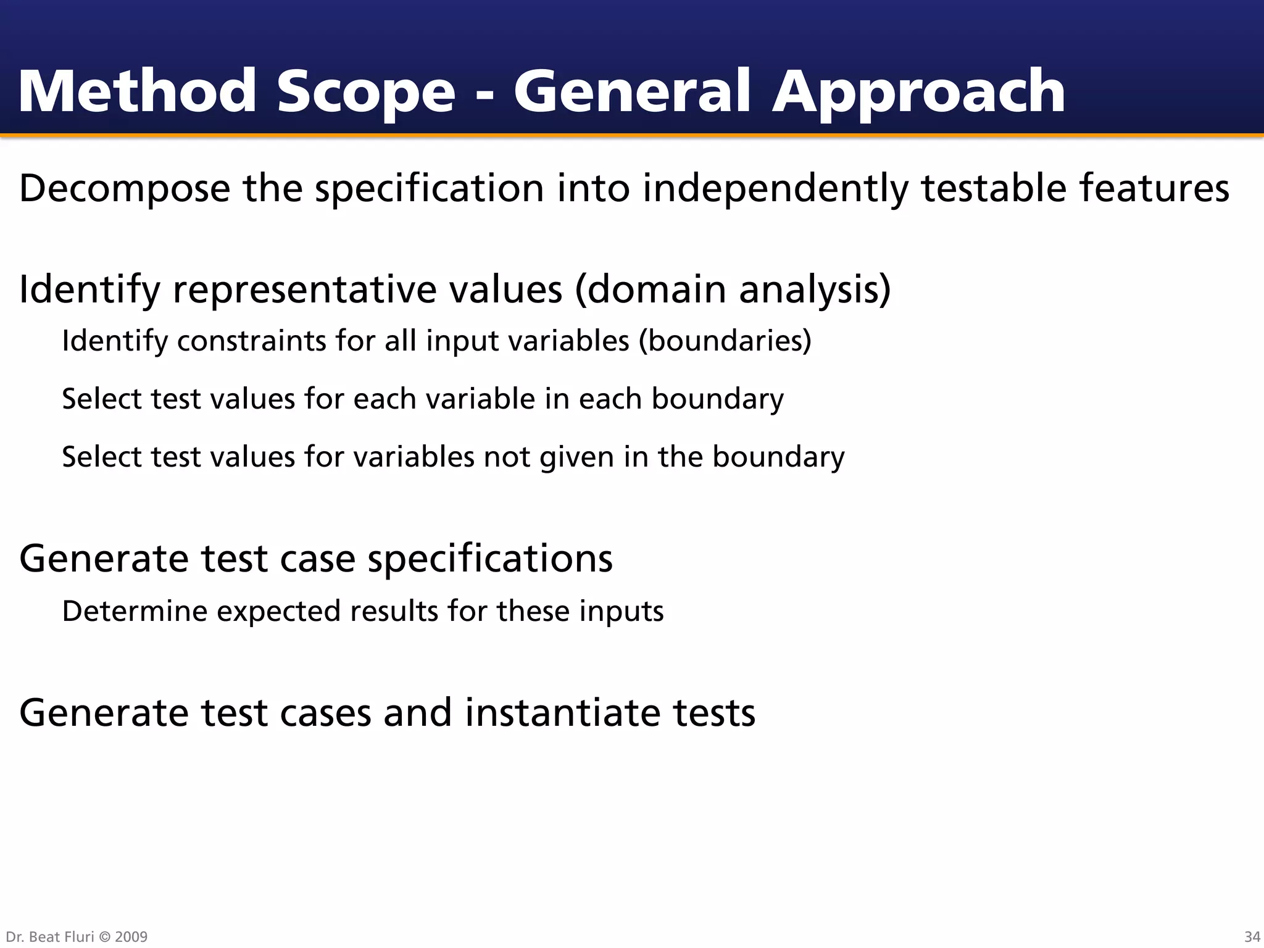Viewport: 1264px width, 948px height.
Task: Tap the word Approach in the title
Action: [x=918, y=93]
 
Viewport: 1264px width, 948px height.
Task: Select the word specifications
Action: [x=490, y=559]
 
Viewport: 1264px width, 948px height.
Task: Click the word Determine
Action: [x=135, y=611]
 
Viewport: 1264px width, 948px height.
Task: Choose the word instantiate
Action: [x=562, y=712]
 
